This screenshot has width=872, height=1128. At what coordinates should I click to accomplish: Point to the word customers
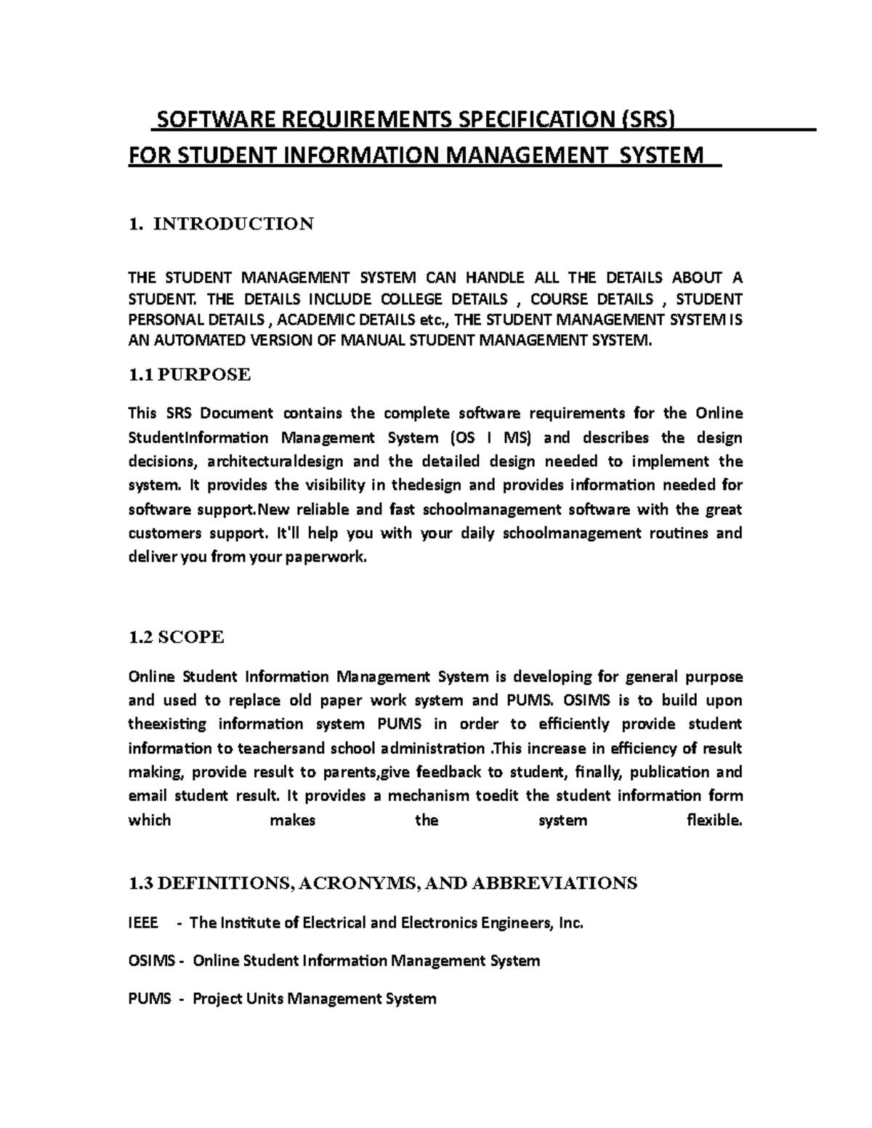click(x=164, y=533)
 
